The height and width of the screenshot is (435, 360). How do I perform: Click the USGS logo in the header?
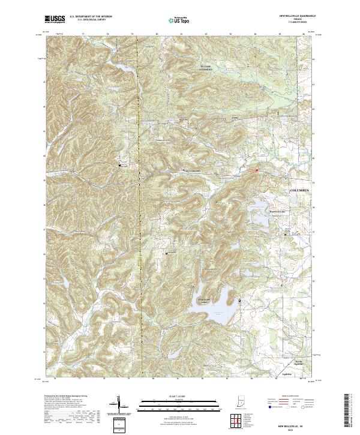pos(55,20)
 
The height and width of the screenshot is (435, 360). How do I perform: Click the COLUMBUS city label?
pos(302,190)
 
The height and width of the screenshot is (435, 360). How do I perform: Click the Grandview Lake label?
pos(206,302)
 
